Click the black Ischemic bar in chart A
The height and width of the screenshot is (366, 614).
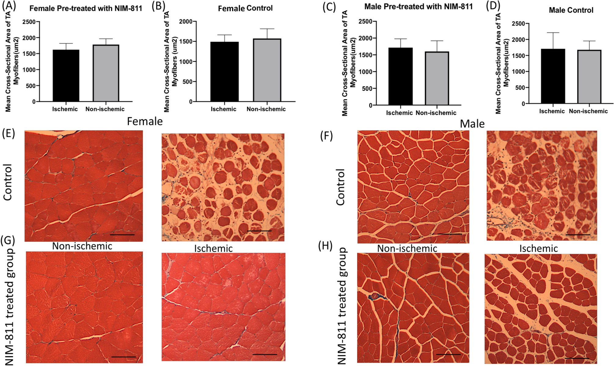click(x=66, y=75)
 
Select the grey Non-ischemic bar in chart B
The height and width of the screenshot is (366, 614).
click(x=267, y=70)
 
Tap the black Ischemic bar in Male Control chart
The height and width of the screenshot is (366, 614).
click(x=553, y=76)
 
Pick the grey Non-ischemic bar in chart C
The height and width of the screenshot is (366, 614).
click(x=437, y=79)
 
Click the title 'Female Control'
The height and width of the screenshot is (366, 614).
click(x=245, y=8)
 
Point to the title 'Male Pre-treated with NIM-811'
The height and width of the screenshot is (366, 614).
click(x=418, y=6)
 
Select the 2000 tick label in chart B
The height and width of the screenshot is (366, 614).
click(x=186, y=22)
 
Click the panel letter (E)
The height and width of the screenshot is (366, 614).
click(x=8, y=134)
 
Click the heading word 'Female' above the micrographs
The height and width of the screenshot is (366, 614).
click(x=145, y=121)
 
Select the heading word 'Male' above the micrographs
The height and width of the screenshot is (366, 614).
click(x=472, y=124)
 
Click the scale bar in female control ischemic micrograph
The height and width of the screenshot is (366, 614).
click(x=259, y=231)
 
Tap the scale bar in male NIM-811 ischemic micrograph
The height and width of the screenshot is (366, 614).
click(x=577, y=358)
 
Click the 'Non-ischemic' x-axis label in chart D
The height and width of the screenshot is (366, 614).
click(x=588, y=111)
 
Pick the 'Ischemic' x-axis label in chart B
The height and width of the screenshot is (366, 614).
click(x=223, y=109)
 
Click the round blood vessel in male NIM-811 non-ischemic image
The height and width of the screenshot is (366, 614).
click(x=375, y=296)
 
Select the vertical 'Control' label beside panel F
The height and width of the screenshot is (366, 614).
click(x=340, y=187)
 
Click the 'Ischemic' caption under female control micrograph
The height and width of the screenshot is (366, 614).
click(x=213, y=248)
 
